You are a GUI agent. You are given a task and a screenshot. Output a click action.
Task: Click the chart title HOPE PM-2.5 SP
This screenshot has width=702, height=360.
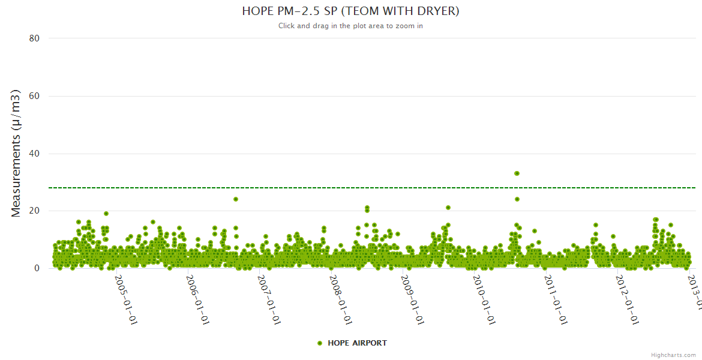pos(350,11)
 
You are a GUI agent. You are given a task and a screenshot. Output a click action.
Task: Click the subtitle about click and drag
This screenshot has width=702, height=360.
pos(350,26)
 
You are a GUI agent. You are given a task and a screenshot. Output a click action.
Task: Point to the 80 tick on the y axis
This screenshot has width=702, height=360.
pos(34,38)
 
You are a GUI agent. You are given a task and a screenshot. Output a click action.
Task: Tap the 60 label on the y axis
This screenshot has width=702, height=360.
pos(34,96)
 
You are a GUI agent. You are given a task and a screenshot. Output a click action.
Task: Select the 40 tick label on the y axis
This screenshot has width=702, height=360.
pos(34,154)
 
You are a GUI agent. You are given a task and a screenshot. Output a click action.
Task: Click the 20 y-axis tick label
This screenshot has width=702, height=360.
pos(34,211)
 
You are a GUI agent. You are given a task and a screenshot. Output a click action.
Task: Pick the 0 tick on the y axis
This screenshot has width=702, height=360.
pos(37,268)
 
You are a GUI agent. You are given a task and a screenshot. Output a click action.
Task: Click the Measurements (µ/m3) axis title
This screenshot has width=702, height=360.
pos(16,153)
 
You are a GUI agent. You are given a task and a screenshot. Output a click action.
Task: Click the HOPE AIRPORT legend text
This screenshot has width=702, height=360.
pos(357,343)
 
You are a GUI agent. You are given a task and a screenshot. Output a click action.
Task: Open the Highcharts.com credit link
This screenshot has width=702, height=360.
pos(673,355)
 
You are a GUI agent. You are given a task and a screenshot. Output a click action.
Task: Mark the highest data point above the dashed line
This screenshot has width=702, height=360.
pos(517,173)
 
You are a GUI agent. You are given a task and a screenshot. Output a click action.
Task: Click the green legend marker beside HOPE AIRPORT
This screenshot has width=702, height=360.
pos(320,343)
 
